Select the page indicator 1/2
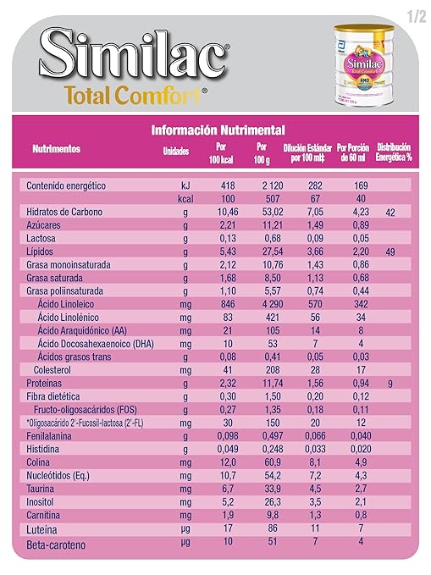point(415,14)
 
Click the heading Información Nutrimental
point(218,130)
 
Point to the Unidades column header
point(175,151)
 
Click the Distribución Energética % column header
point(394,151)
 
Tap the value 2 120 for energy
point(261,184)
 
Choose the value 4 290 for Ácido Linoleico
point(261,302)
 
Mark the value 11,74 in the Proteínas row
point(261,384)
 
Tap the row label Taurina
point(41,488)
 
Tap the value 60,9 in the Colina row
point(261,462)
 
